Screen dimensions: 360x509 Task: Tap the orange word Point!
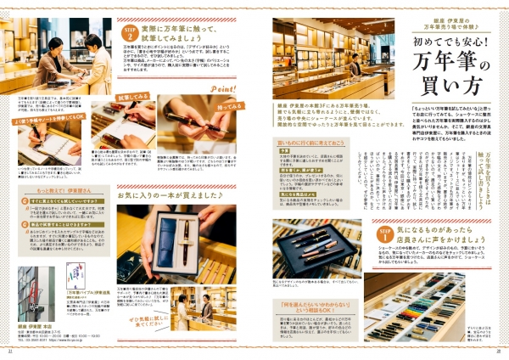click(222, 88)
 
